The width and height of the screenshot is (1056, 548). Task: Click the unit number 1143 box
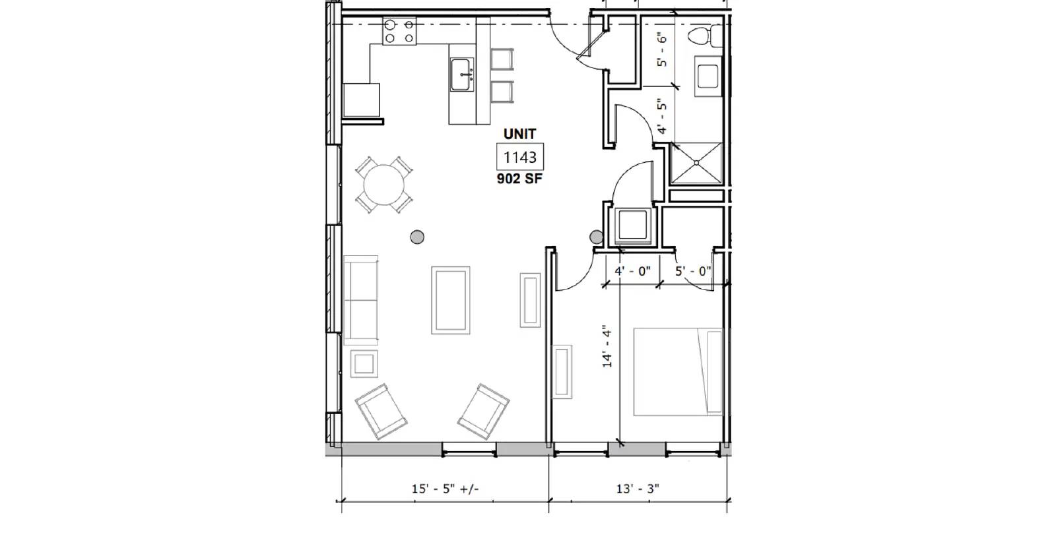519,157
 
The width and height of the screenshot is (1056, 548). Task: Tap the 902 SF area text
519,179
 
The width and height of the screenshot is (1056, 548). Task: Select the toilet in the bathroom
704,36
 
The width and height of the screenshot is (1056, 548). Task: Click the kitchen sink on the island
461,75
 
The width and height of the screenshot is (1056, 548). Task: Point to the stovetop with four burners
399,31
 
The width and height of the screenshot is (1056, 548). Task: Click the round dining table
384,185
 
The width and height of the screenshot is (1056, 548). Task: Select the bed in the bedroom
678,372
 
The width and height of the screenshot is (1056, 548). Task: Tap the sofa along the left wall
360,300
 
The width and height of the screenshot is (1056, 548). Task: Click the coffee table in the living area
451,300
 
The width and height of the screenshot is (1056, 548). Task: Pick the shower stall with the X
696,163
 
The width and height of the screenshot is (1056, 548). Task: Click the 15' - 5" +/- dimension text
445,489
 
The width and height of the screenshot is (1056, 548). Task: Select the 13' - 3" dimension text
638,489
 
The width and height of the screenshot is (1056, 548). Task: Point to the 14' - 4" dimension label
607,346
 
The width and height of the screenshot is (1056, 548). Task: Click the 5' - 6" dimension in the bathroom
663,49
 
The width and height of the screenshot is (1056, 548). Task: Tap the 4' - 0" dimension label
632,272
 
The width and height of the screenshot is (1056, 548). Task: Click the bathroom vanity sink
708,76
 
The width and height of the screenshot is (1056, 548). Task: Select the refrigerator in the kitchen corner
361,100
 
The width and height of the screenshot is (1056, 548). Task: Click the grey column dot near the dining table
417,237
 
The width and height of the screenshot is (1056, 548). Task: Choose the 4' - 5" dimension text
663,116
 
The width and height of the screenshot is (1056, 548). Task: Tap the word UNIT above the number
519,135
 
